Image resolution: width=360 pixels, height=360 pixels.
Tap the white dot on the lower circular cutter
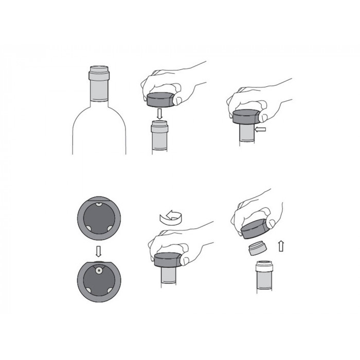97,269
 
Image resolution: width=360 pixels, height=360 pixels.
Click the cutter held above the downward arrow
161,98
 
